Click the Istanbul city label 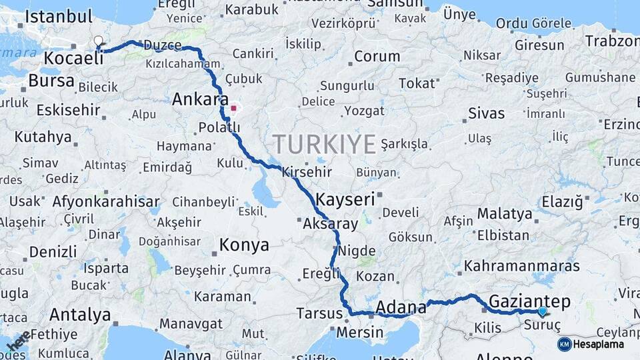[58, 17]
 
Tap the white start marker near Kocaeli [99, 41]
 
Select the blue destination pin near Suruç [542, 311]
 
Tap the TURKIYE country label [324, 144]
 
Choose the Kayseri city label [345, 199]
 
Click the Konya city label [244, 245]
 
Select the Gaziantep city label [529, 301]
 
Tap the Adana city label [401, 307]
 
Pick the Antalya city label [80, 314]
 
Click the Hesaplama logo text [599, 345]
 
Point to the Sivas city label [486, 113]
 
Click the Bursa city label [51, 81]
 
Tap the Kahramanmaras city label [522, 266]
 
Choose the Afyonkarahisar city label [106, 201]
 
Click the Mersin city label [360, 332]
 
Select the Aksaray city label [330, 224]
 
